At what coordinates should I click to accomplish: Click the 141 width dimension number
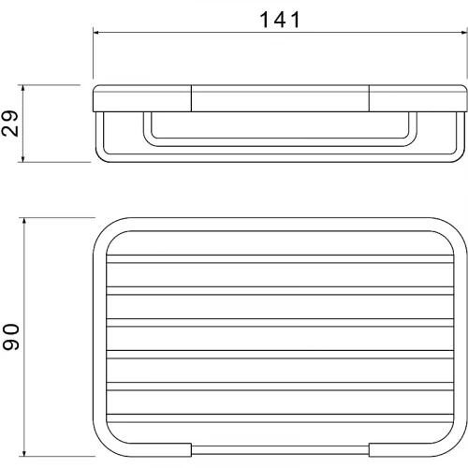point(280,20)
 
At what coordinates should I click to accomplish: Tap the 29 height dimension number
point(10,124)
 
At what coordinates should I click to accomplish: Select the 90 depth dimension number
point(11,337)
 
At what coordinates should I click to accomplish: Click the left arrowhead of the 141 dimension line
point(96,32)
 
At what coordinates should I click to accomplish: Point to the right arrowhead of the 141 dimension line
point(464,32)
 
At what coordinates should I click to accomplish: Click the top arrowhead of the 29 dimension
point(22,88)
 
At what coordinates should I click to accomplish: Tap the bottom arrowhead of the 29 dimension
point(22,158)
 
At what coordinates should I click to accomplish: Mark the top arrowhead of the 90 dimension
point(24,221)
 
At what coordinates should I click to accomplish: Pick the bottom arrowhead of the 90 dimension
point(24,453)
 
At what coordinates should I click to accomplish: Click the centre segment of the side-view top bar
point(280,98)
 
